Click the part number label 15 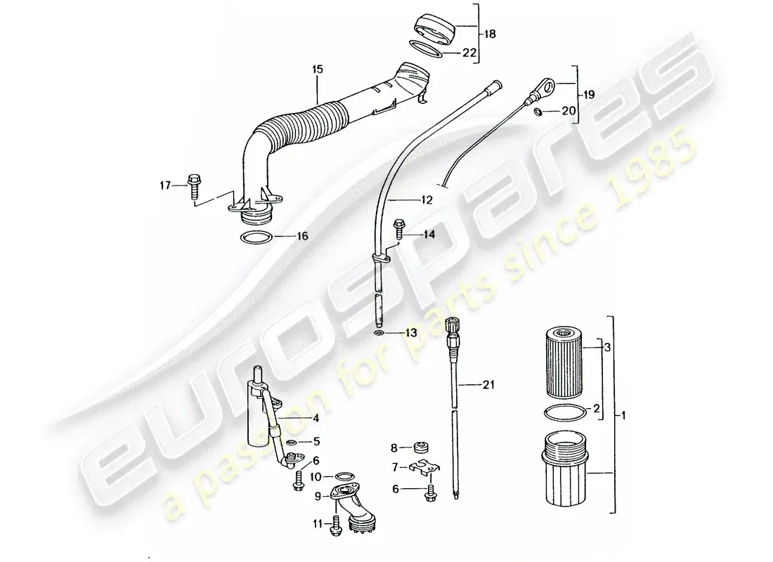[318, 69]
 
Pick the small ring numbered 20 [539, 112]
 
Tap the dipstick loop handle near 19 [543, 88]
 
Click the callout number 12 [427, 200]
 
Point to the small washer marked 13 [379, 334]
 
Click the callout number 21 [488, 384]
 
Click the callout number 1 [623, 416]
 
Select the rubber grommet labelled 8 [422, 447]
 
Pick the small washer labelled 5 [291, 441]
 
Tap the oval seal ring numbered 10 [344, 476]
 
